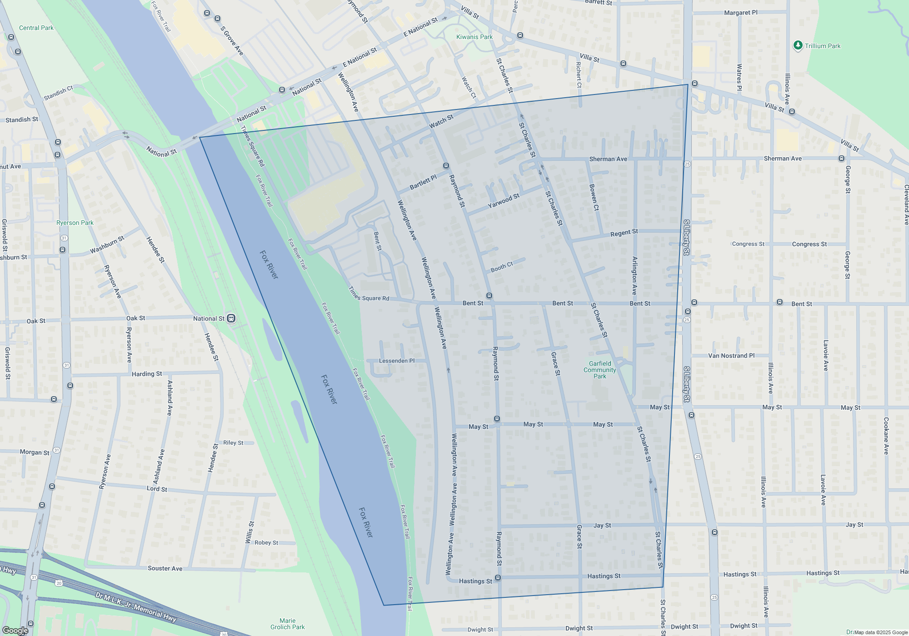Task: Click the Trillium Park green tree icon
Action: coord(798,45)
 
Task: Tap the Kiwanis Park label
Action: coord(474,37)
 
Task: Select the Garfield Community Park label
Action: coord(600,370)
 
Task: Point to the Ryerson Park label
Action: coord(75,223)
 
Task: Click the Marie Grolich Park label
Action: coord(287,624)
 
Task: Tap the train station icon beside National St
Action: coord(231,318)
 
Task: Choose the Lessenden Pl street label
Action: coord(397,361)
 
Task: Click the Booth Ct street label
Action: coord(502,267)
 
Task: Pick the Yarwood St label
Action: coord(503,201)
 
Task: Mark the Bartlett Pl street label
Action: coord(423,182)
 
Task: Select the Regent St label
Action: coord(624,233)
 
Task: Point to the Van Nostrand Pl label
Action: coord(731,356)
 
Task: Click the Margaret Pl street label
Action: coord(741,13)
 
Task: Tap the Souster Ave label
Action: coord(165,568)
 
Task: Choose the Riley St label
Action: coord(233,442)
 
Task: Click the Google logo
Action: coord(15,630)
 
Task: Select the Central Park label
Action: coord(36,28)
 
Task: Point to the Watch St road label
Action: coord(441,121)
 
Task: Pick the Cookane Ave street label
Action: coord(886,436)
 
